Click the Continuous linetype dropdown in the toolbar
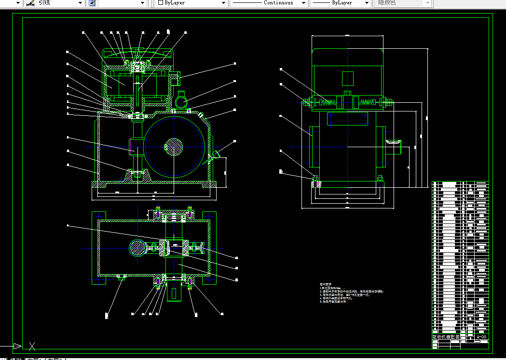coord(269,3)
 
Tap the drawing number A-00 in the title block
coord(481,337)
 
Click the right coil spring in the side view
coord(368,102)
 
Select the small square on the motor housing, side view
coord(347,79)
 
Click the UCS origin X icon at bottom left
coord(32,346)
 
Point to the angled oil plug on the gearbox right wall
coord(215,154)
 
